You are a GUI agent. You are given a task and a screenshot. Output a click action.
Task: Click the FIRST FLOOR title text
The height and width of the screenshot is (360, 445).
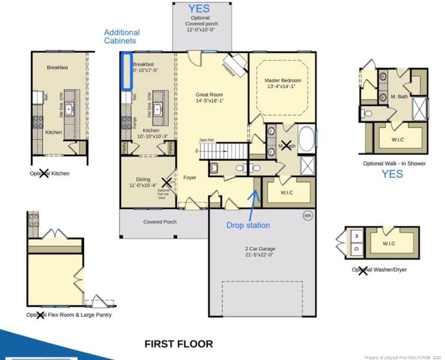coord(179,344)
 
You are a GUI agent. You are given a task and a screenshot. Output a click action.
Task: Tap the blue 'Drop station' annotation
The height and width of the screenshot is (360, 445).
coord(248,225)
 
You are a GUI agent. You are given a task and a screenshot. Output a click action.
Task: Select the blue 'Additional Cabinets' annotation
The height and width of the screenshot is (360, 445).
coord(122,37)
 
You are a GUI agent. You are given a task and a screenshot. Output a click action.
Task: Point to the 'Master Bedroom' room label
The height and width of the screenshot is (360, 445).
coord(283,83)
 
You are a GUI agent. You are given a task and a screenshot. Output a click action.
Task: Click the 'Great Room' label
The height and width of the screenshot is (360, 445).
coord(209,98)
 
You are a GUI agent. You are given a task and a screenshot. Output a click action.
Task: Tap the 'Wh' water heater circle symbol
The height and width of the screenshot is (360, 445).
coord(308,215)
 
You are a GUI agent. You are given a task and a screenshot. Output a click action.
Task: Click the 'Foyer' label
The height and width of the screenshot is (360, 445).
coord(190,178)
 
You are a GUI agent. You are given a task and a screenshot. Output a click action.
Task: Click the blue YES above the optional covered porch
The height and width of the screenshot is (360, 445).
coord(200,8)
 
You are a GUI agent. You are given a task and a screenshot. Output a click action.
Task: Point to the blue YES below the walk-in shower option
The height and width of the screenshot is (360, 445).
coord(393,174)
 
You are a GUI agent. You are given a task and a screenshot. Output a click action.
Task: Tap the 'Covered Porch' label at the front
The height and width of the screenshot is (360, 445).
coord(160,221)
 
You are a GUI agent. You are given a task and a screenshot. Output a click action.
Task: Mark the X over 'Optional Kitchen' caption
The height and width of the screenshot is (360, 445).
coord(44,173)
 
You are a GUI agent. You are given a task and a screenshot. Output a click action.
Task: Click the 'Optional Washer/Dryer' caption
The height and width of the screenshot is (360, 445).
coord(379,269)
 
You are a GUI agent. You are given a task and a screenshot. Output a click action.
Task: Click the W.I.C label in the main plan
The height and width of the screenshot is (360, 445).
coord(287,193)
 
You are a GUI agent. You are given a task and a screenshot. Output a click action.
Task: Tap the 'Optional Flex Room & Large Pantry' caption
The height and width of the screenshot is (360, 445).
coord(68,314)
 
